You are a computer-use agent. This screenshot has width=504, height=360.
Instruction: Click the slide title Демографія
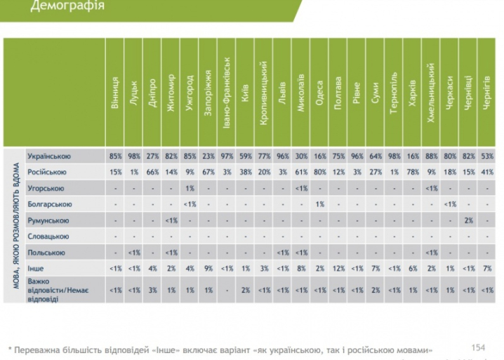tap(68, 8)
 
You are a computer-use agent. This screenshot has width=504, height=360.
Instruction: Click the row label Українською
tap(48, 156)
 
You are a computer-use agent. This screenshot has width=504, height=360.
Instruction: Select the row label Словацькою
tap(48, 236)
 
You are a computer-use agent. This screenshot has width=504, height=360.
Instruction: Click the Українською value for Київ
tap(244, 156)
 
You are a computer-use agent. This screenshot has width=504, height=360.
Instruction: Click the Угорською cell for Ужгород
tap(189, 188)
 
